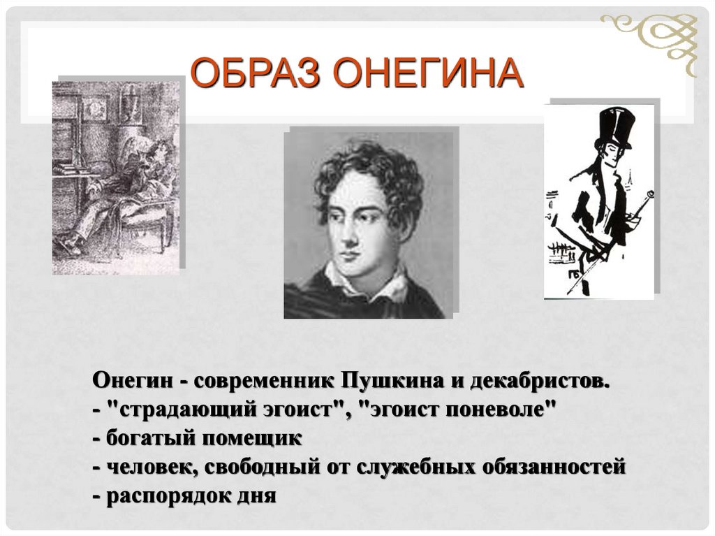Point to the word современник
(264, 382)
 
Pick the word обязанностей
(553, 468)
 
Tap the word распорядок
(163, 496)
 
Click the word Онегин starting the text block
(129, 382)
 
